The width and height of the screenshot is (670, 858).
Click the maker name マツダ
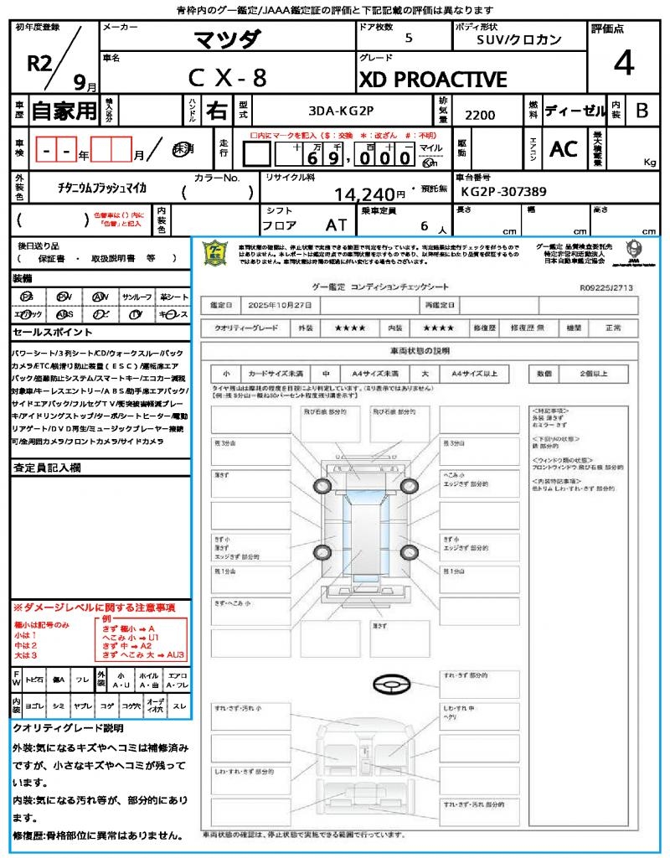click(x=227, y=39)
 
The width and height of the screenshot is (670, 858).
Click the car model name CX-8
click(x=227, y=78)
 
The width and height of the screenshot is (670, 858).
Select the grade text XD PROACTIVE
click(x=433, y=80)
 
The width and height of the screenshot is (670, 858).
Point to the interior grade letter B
click(x=641, y=110)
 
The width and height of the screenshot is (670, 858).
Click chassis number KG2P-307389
click(x=503, y=192)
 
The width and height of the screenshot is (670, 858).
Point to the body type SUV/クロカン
click(x=519, y=39)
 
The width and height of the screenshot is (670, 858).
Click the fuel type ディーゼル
click(x=575, y=110)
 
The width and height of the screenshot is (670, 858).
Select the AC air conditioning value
click(x=563, y=149)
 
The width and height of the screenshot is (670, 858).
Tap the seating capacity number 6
click(x=424, y=226)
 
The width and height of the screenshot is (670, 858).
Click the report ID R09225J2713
click(x=606, y=287)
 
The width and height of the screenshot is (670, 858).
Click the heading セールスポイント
click(x=45, y=333)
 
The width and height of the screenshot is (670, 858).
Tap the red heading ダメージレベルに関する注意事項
click(x=96, y=607)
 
